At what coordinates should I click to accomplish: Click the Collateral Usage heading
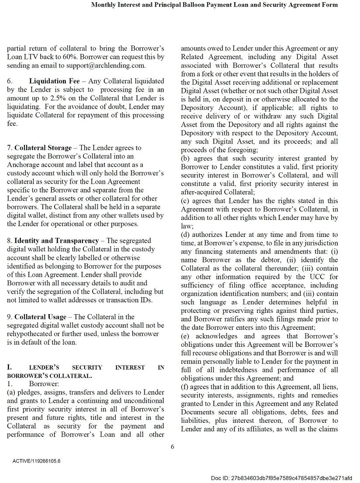point(41,317)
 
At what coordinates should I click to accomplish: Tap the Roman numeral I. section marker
point(10,367)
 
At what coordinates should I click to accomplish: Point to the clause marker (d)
point(185,235)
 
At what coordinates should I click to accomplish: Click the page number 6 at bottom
point(172,446)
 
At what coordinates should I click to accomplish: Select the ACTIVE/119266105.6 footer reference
point(37,461)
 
